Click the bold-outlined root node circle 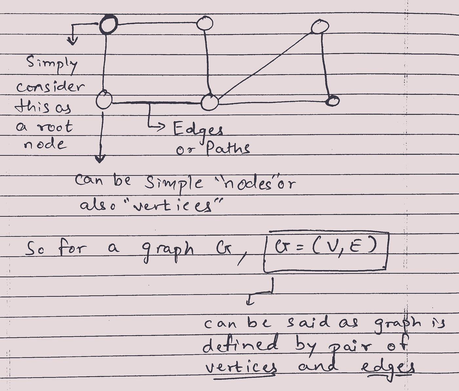coord(108,25)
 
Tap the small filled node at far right coord(332,101)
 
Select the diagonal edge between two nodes coord(266,64)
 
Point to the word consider coord(50,87)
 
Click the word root coord(54,127)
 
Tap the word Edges coord(198,130)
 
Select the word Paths coord(228,149)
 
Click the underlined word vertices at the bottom coord(241,368)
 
